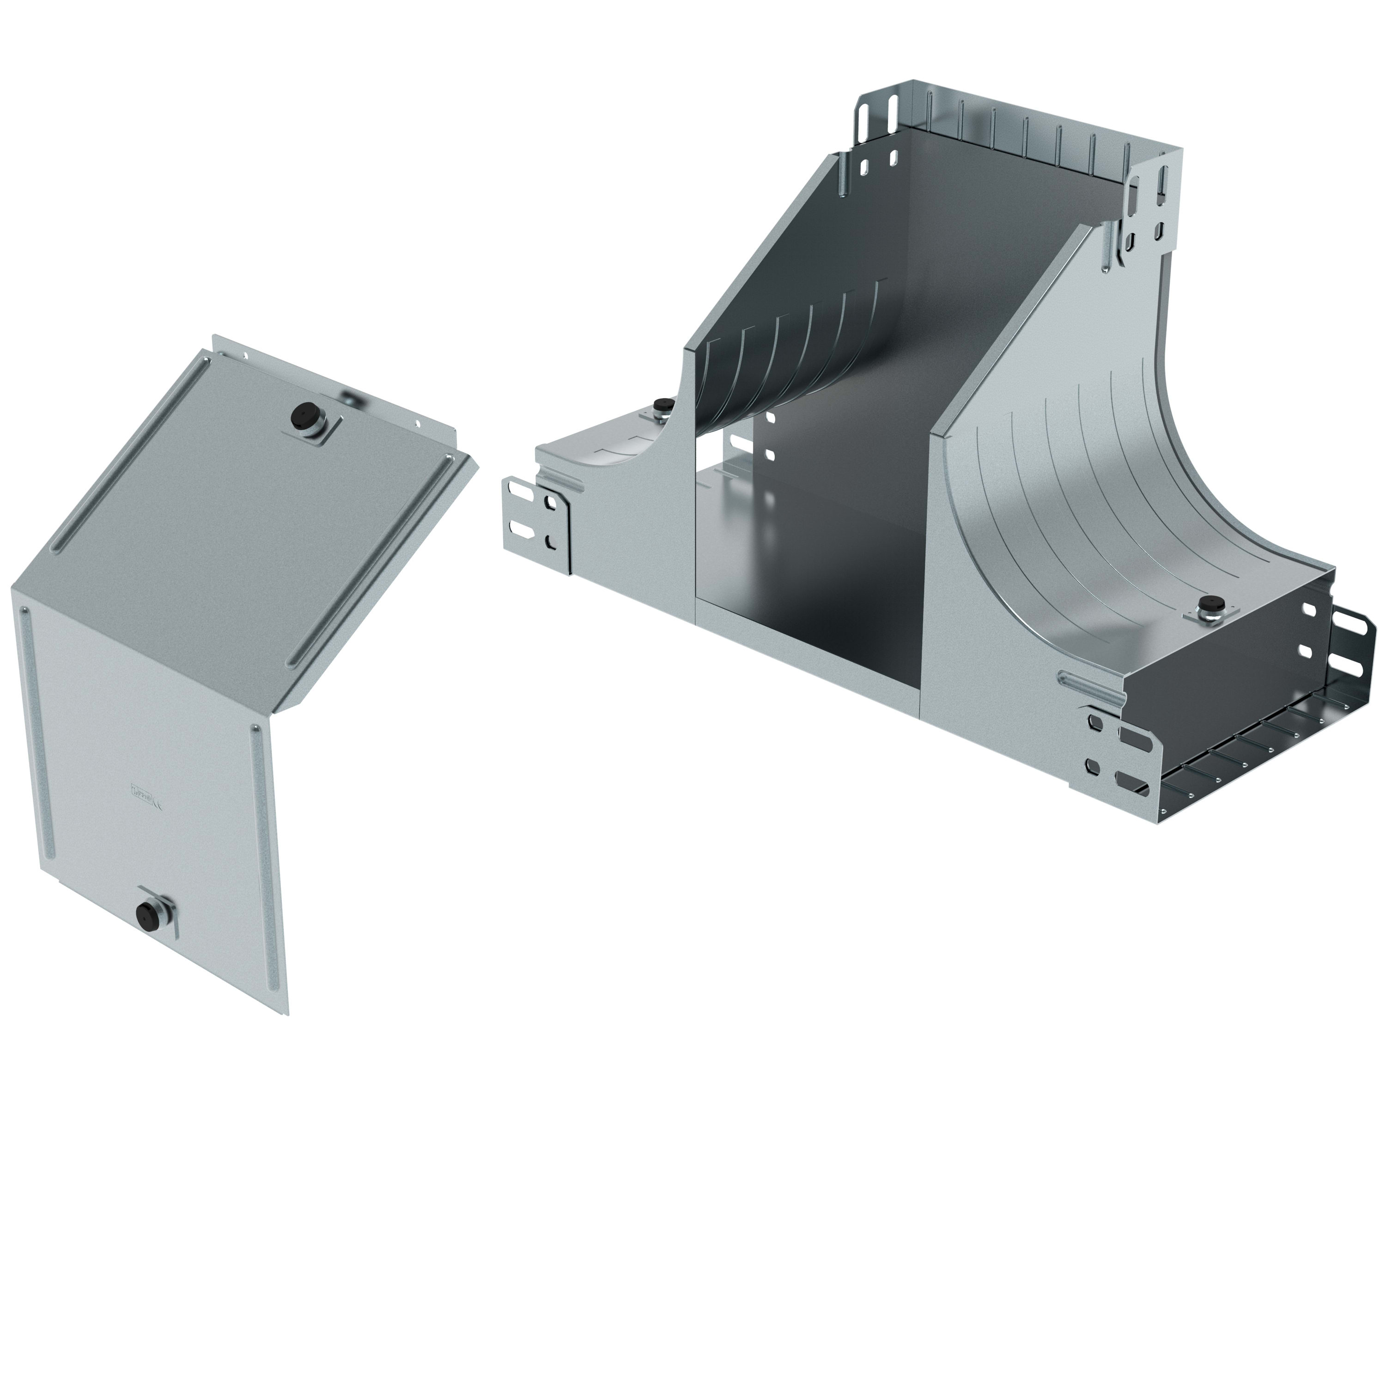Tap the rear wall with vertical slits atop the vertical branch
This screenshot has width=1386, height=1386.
click(1026, 140)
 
